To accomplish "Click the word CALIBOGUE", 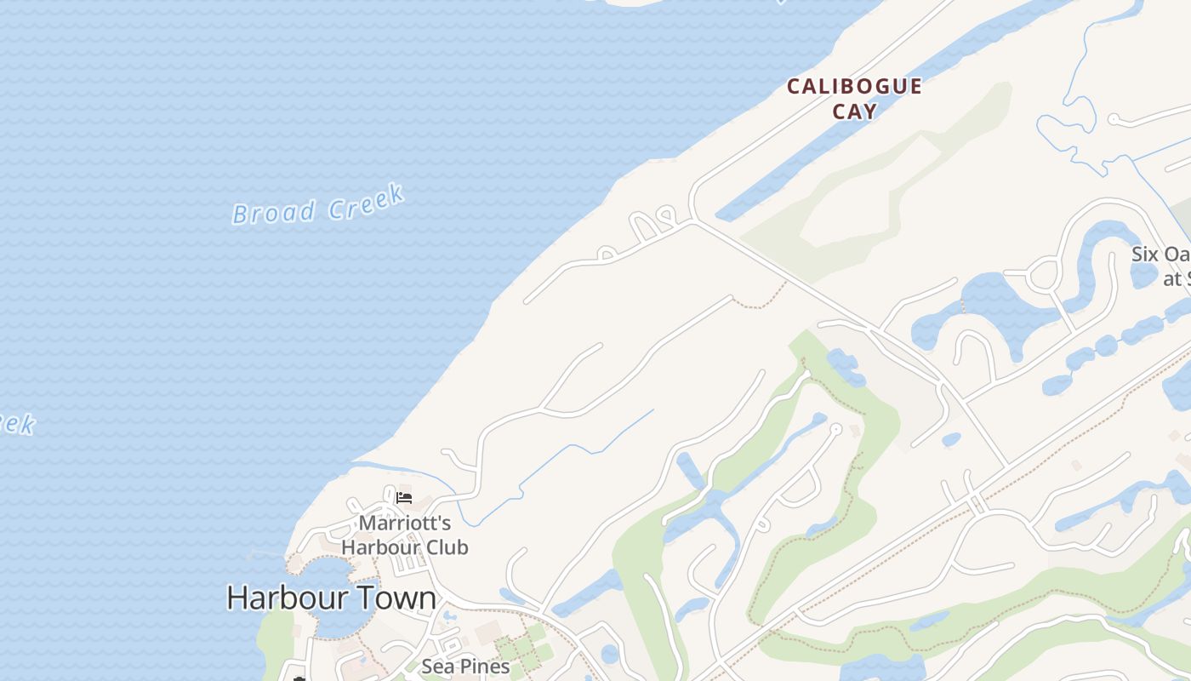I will point(854,87).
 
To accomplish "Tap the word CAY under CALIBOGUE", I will point(854,112).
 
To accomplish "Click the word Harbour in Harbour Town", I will point(281,598).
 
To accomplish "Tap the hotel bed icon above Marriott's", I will point(404,497).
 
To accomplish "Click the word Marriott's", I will point(404,523).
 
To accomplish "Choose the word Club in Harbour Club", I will point(440,547).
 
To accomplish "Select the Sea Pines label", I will point(465,667).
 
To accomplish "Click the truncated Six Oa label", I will point(1160,255).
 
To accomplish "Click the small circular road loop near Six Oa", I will point(1042,275).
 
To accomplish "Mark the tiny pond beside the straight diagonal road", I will point(951,440).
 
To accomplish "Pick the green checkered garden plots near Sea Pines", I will point(521,650).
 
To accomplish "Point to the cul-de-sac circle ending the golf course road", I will point(836,429).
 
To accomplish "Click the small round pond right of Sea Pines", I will point(609,654).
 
